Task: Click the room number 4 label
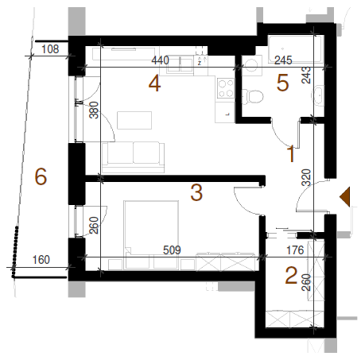tap(154, 83)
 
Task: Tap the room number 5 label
tap(282, 83)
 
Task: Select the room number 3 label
tap(196, 192)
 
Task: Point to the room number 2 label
tap(291, 276)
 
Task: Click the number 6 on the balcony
tap(41, 176)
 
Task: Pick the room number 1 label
tap(291, 153)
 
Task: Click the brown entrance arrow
tap(345, 196)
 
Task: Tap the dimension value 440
tap(160, 60)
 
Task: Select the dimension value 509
tap(172, 250)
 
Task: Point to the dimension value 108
tap(50, 49)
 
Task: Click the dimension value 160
tap(41, 260)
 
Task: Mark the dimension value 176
tap(295, 250)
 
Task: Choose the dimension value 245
tap(283, 60)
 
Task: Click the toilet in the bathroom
tap(252, 97)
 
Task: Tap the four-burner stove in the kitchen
tap(226, 88)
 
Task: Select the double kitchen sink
tap(180, 64)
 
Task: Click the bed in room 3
tap(151, 234)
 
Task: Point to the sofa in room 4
tap(133, 157)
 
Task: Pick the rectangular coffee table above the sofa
tap(134, 120)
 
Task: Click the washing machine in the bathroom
tap(252, 65)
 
